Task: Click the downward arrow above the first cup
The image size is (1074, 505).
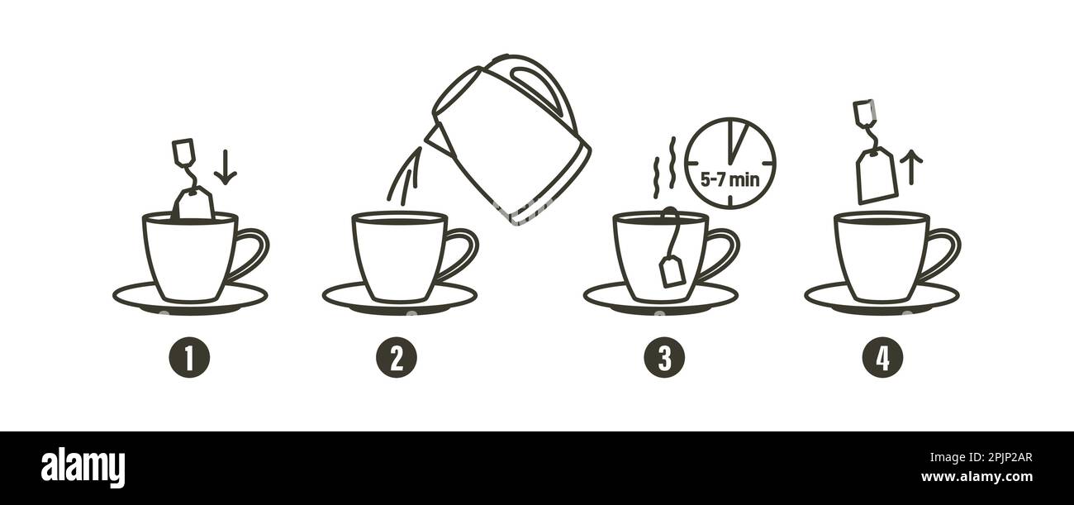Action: pyautogui.click(x=225, y=168)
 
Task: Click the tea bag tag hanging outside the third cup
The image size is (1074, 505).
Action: pyautogui.click(x=671, y=271)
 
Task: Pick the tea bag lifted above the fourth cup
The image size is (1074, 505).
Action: pyautogui.click(x=877, y=175)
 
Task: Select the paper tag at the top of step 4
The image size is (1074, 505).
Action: pyautogui.click(x=863, y=111)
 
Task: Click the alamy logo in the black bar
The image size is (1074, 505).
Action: pyautogui.click(x=83, y=467)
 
